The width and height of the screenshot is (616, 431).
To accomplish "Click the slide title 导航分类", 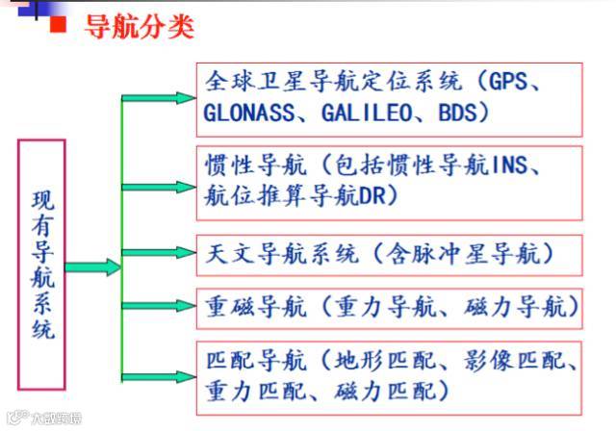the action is tap(140, 26).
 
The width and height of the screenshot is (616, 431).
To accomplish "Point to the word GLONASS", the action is tap(247, 112).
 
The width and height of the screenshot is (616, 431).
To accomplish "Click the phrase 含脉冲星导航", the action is tap(471, 254).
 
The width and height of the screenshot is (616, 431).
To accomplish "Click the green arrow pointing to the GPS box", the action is tap(158, 97).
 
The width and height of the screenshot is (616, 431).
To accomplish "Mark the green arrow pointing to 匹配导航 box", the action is tap(158, 376).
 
